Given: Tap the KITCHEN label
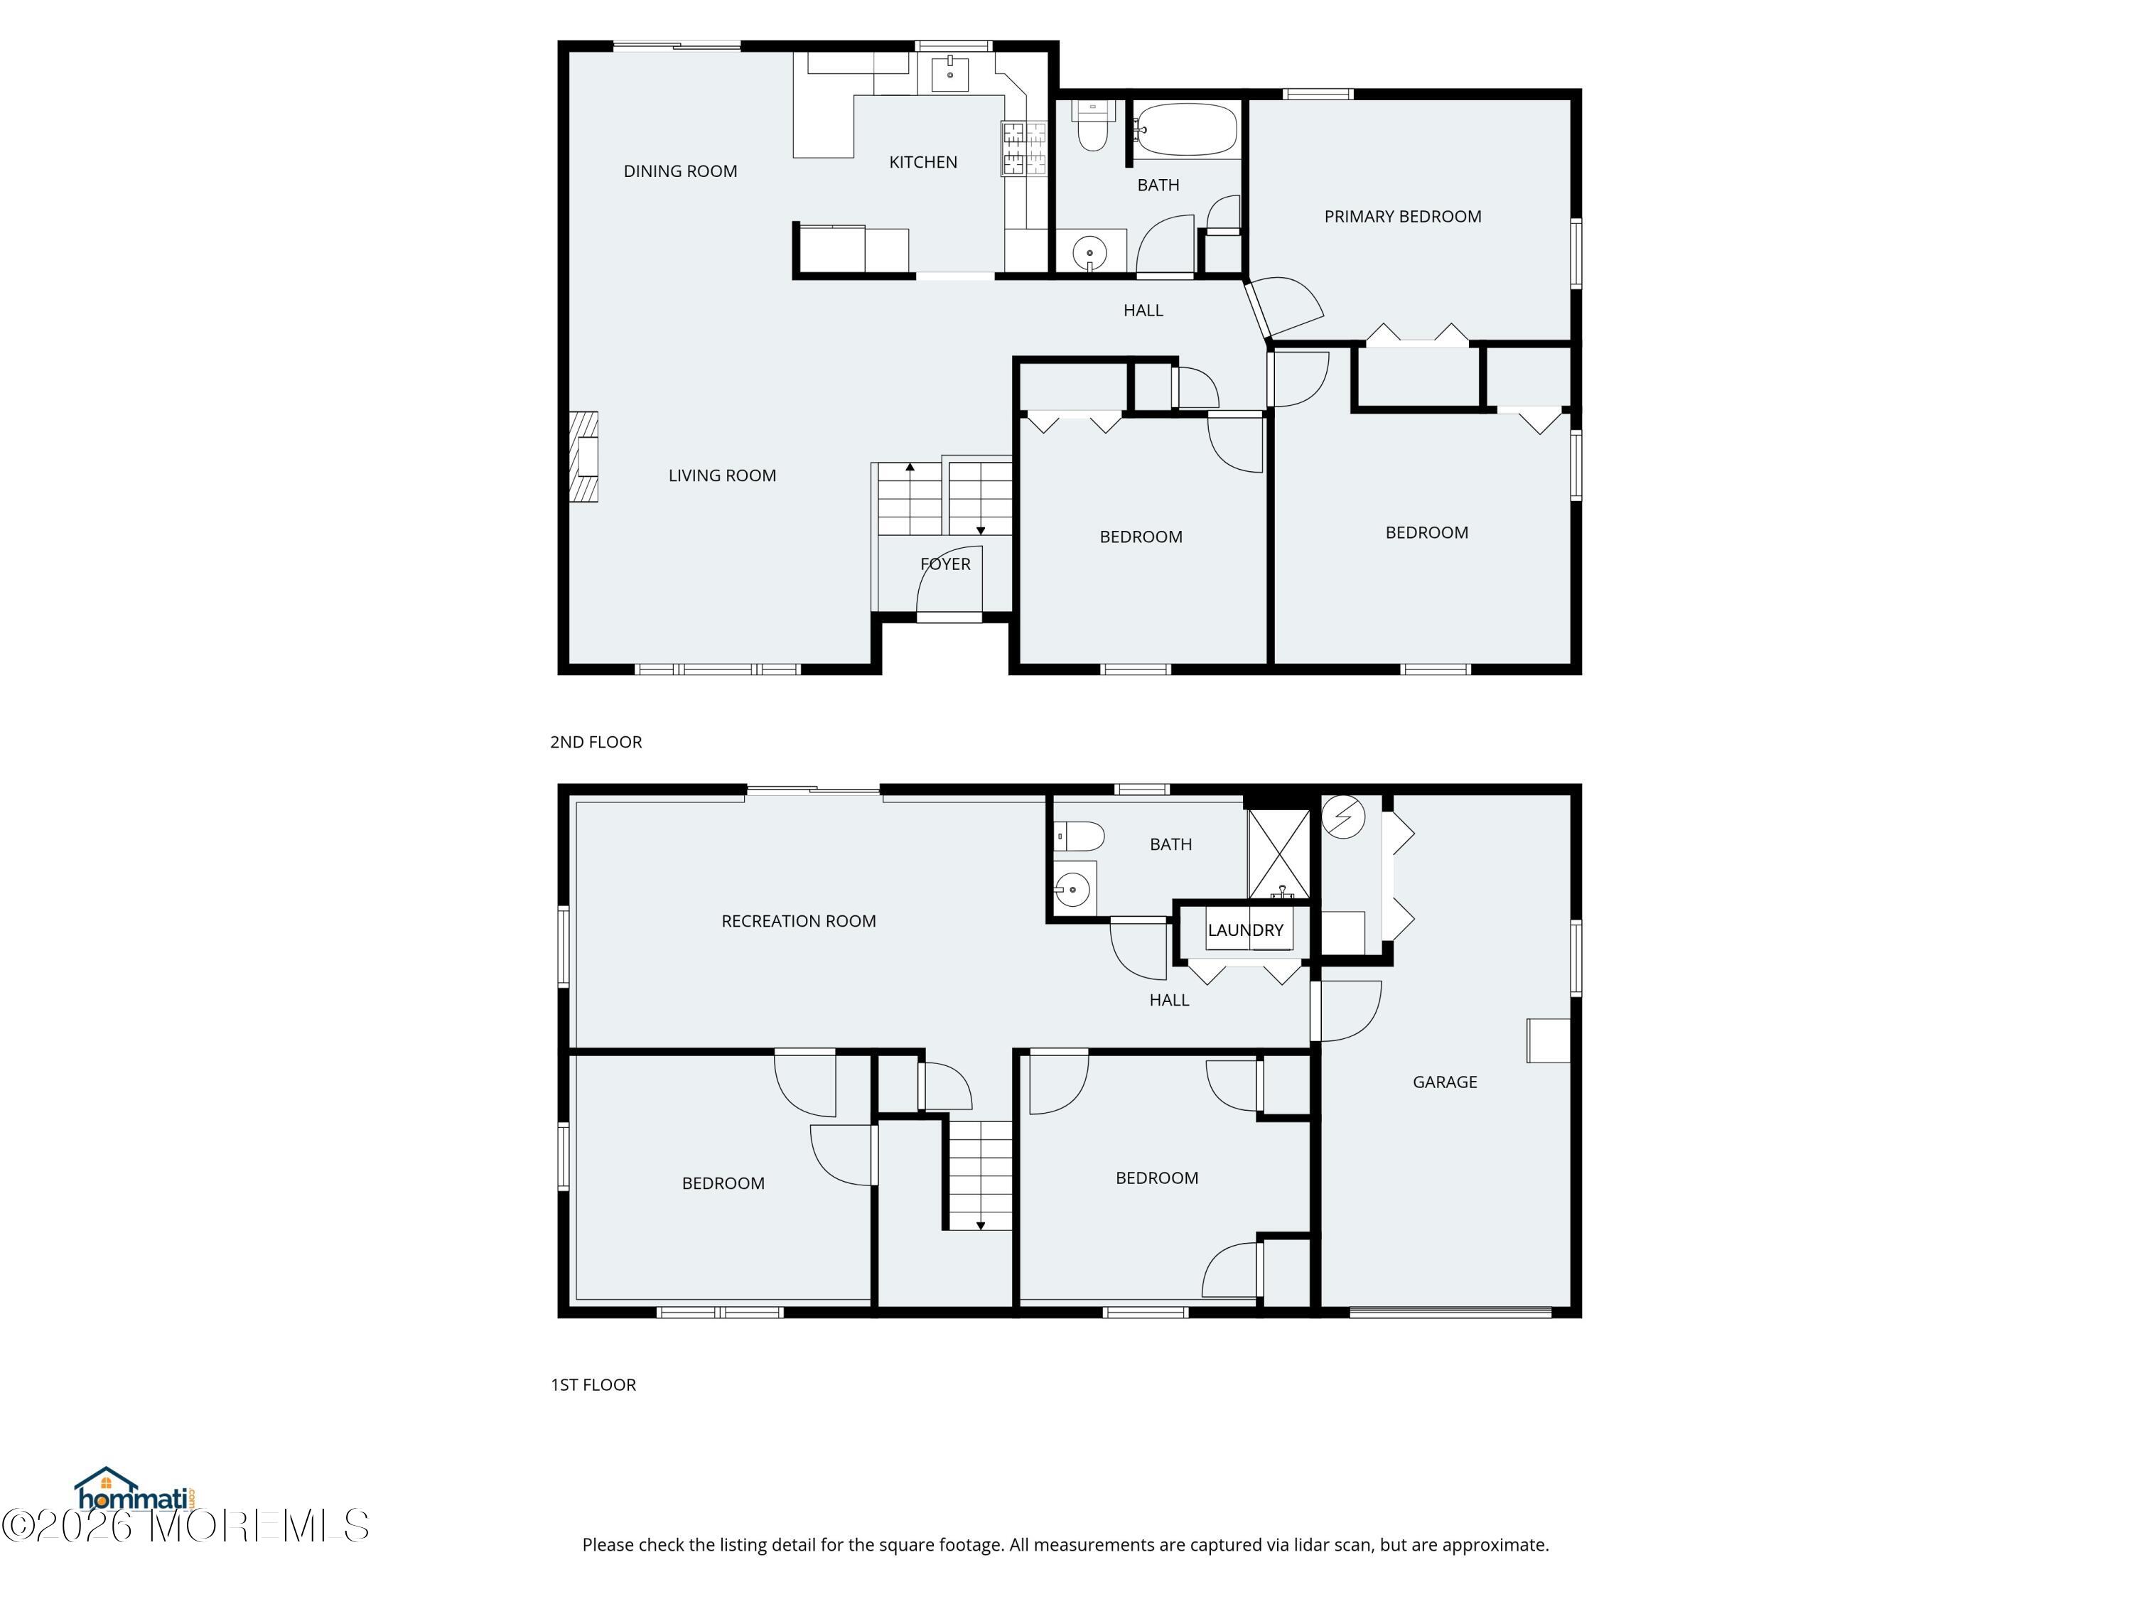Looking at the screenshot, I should pyautogui.click(x=922, y=162).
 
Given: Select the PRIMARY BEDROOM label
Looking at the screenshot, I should pyautogui.click(x=1401, y=217).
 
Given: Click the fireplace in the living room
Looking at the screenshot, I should pyautogui.click(x=584, y=457).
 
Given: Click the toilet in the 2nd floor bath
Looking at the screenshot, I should pyautogui.click(x=1092, y=128).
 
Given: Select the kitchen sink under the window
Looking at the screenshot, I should pyautogui.click(x=949, y=73).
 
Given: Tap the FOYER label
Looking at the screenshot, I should pyautogui.click(x=944, y=564).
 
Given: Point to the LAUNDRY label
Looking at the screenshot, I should pyautogui.click(x=1245, y=930).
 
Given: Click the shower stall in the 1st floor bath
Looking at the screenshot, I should pyautogui.click(x=1279, y=855).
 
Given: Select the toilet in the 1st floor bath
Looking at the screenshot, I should pyautogui.click(x=1079, y=836).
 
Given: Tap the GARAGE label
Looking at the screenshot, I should pyautogui.click(x=1444, y=1082).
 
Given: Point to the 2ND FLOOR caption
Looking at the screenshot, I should pyautogui.click(x=596, y=742).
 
